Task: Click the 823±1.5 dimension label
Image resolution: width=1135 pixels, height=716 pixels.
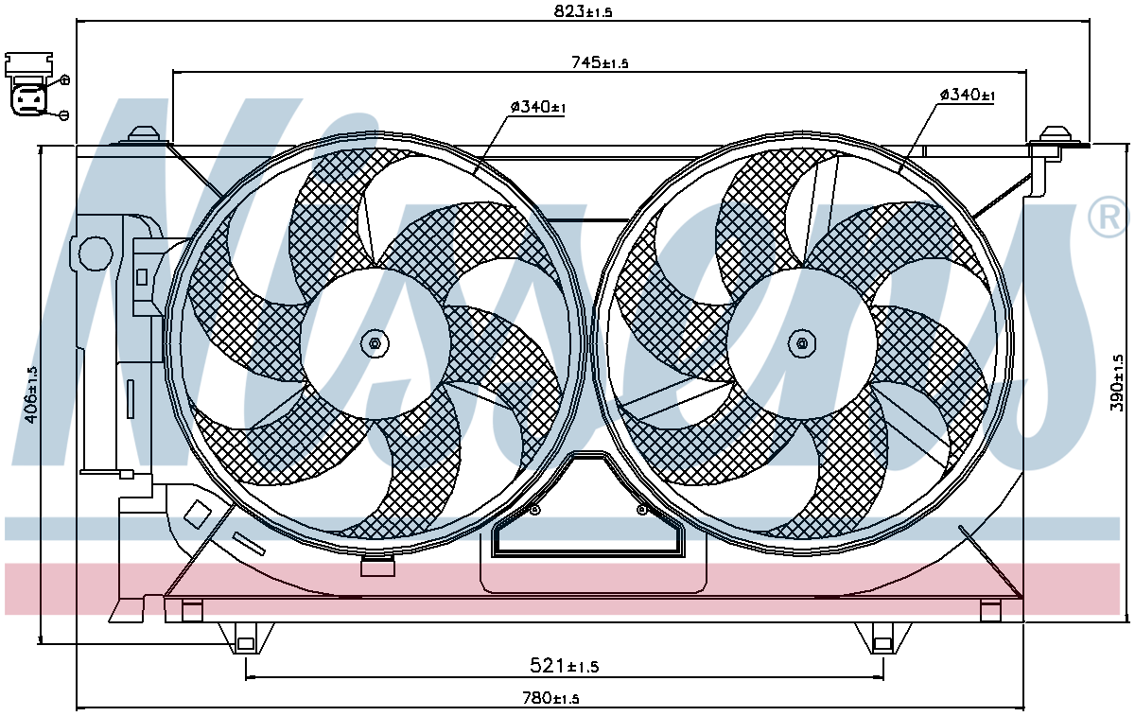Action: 583,11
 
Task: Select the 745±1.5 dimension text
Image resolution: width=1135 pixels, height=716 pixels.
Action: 600,62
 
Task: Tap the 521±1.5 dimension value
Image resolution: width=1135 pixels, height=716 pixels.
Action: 564,665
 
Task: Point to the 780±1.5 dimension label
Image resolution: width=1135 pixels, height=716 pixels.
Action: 550,698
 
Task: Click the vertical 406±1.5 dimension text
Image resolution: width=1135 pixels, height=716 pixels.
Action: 31,395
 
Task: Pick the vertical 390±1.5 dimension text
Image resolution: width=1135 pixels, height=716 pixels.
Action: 1117,383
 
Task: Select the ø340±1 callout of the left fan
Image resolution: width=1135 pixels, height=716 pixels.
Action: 537,107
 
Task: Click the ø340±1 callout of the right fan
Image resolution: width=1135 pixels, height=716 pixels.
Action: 968,95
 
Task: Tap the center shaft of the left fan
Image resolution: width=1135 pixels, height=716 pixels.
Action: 375,343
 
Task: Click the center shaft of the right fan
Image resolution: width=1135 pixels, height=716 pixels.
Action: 802,343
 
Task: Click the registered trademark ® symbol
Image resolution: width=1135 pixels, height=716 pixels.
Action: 1109,217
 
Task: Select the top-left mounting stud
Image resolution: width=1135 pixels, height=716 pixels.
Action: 144,135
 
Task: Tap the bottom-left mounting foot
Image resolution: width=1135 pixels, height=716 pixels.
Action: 246,638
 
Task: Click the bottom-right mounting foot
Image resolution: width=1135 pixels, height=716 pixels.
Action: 882,638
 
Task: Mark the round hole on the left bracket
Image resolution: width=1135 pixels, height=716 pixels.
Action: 96,253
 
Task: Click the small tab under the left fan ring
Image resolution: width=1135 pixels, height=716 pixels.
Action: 377,566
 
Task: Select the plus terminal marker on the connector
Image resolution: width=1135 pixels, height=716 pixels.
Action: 65,80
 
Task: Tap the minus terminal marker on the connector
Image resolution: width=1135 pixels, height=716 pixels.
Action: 64,115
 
